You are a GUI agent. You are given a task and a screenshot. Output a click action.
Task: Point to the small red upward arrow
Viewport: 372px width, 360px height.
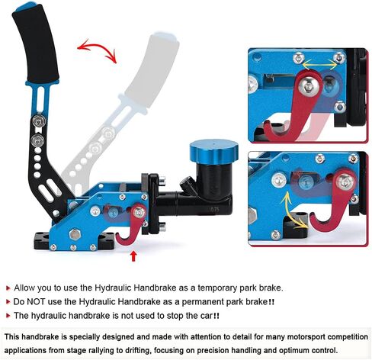click(x=133, y=256)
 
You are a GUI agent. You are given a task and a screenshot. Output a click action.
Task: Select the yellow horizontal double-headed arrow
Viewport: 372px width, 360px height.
click(x=319, y=64)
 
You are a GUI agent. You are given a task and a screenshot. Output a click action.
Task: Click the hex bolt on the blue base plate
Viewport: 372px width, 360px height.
click(x=74, y=234)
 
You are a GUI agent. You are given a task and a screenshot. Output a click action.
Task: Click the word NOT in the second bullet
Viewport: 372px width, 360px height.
click(x=36, y=302)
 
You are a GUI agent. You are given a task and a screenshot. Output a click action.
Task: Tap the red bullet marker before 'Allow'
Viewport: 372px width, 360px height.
click(x=8, y=288)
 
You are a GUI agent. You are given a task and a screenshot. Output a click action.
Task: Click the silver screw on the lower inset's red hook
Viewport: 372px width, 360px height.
click(x=345, y=182)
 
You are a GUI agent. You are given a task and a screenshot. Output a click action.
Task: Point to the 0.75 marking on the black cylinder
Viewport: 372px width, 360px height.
click(x=214, y=210)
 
